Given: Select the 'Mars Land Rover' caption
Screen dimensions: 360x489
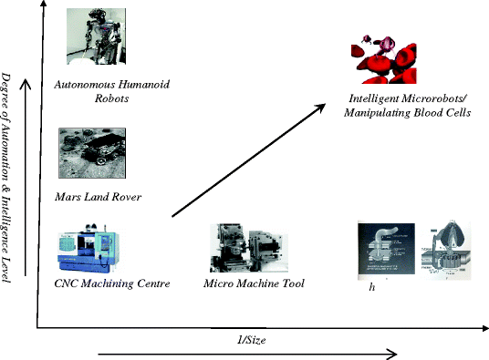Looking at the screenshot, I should pyautogui.click(x=99, y=196).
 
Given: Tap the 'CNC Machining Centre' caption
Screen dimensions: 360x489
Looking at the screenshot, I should pyautogui.click(x=111, y=284).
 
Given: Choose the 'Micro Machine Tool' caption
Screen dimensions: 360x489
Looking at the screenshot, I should pyautogui.click(x=254, y=284).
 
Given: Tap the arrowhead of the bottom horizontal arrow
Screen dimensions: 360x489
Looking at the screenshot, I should pyautogui.click(x=392, y=354).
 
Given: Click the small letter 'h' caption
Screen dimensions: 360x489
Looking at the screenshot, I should pyautogui.click(x=372, y=288).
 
